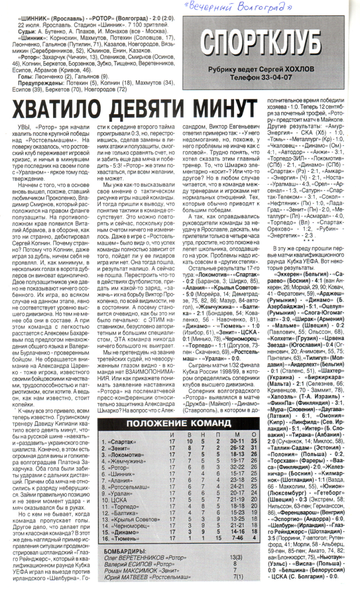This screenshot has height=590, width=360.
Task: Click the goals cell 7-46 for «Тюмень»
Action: pyautogui.click(x=237, y=538)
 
